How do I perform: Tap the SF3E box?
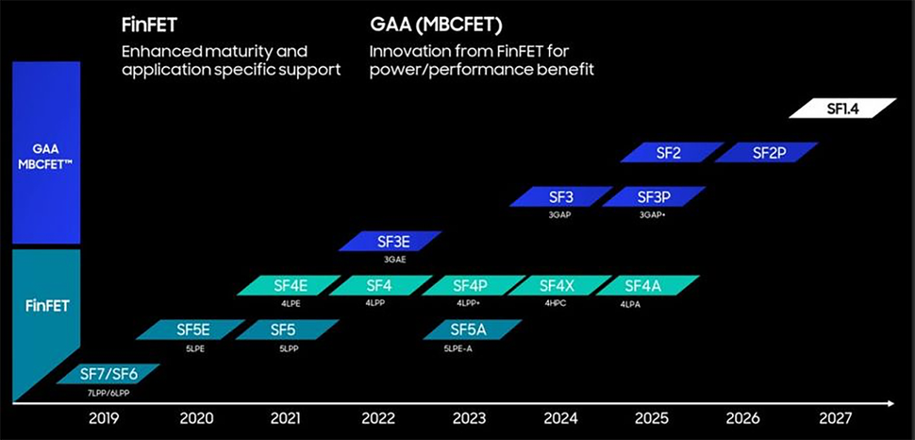point(391,242)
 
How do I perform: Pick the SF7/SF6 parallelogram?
point(108,375)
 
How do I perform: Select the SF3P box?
point(654,197)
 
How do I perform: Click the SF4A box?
point(648,285)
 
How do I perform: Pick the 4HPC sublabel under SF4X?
point(556,304)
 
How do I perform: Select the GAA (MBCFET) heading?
point(437,24)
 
